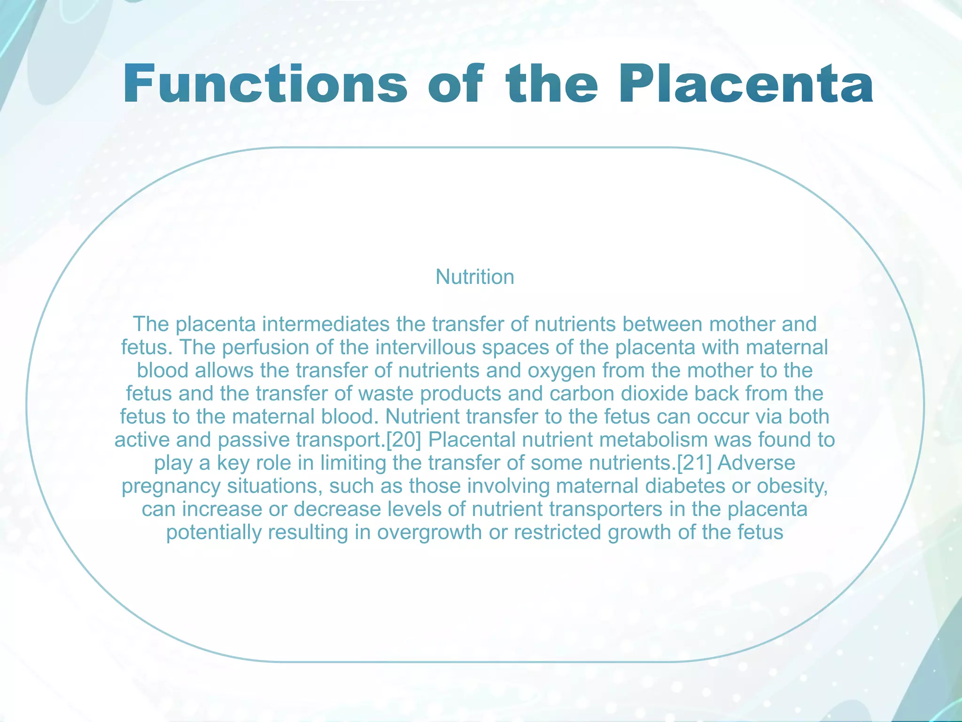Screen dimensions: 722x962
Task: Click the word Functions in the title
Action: pyautogui.click(x=265, y=85)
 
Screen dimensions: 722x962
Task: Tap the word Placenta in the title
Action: pyautogui.click(x=746, y=85)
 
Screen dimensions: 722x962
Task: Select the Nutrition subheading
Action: pyautogui.click(x=475, y=277)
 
